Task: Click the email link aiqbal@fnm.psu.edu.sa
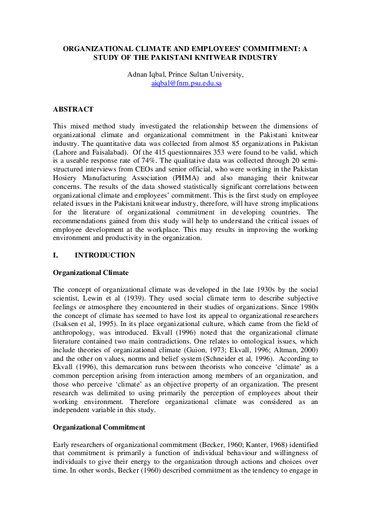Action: click(x=186, y=83)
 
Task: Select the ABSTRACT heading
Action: click(x=73, y=108)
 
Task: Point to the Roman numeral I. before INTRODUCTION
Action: click(x=56, y=255)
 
